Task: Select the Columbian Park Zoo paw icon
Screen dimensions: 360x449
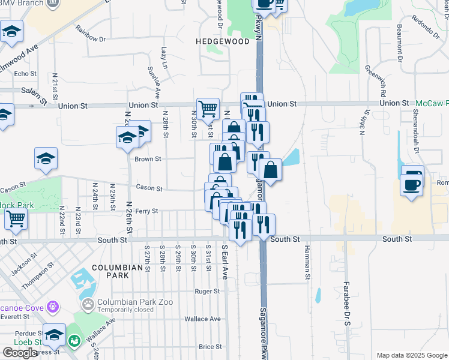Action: coord(88,305)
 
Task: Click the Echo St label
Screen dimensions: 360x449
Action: coord(26,74)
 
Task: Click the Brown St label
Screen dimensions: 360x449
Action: coord(148,159)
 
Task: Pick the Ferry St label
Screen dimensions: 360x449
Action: coord(146,211)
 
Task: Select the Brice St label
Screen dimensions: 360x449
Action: coord(210,347)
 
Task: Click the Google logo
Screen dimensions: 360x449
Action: coord(20,352)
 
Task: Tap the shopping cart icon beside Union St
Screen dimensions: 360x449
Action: coord(208,109)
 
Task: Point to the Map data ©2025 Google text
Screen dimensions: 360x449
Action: coord(411,355)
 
